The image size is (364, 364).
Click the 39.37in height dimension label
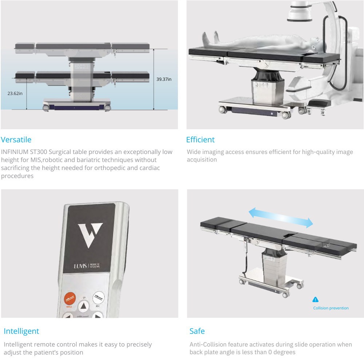tap(164, 79)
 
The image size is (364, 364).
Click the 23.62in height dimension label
tap(15, 94)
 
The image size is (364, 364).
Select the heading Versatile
tap(16, 140)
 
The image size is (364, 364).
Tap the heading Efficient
tap(200, 140)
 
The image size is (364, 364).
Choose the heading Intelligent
tap(21, 331)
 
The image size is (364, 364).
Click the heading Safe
tap(197, 331)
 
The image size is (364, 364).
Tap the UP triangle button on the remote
tap(83, 306)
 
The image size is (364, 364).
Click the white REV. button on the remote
tap(98, 298)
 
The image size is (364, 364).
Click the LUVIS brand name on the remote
tap(80, 266)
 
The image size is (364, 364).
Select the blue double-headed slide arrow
tap(280, 218)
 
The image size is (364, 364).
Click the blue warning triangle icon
tap(316, 300)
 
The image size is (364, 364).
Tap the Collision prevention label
tap(331, 308)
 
